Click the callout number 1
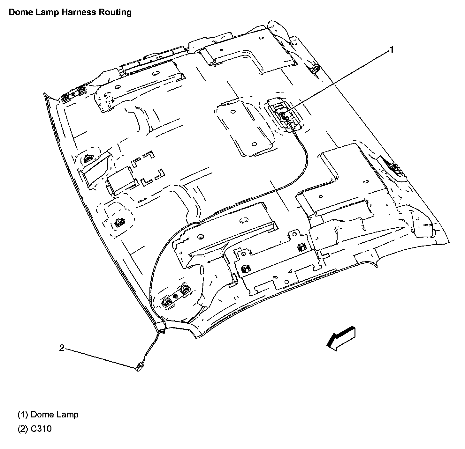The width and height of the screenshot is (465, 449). [391, 49]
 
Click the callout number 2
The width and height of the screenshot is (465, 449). [62, 348]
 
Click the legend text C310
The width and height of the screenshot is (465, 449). [41, 429]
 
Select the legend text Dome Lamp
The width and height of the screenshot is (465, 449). [54, 415]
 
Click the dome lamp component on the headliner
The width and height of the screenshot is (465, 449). [283, 114]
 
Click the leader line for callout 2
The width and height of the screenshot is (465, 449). [99, 358]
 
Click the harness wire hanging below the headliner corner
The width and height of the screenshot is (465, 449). [150, 349]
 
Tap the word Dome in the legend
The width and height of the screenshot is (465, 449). [42, 415]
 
